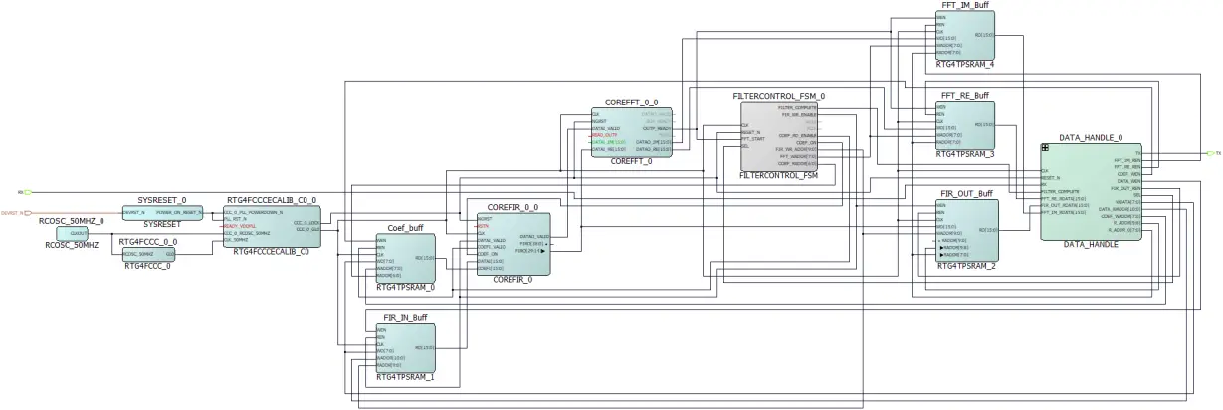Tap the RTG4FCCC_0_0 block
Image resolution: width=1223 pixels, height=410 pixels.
pyautogui.click(x=147, y=253)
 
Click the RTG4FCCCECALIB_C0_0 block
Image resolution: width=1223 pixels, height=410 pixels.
pyautogui.click(x=272, y=226)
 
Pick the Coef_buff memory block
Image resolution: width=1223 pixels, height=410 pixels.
pyautogui.click(x=405, y=258)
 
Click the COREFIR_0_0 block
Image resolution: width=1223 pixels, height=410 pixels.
pyautogui.click(x=512, y=243)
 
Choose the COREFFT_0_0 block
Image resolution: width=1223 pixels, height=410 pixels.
pyautogui.click(x=631, y=132)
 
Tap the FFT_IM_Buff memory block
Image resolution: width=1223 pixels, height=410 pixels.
pyautogui.click(x=964, y=35)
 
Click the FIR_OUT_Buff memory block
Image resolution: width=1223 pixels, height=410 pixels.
pyautogui.click(x=965, y=230)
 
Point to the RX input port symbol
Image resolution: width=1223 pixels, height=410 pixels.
pyautogui.click(x=27, y=192)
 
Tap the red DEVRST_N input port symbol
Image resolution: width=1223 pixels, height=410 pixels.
pyautogui.click(x=31, y=212)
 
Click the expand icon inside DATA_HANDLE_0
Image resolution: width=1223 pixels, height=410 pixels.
pyautogui.click(x=1046, y=148)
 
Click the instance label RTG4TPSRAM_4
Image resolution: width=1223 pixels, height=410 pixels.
pyautogui.click(x=964, y=64)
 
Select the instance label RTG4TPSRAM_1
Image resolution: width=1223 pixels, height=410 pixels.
pyautogui.click(x=405, y=378)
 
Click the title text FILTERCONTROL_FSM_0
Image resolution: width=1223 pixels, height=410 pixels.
pyautogui.click(x=779, y=96)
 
